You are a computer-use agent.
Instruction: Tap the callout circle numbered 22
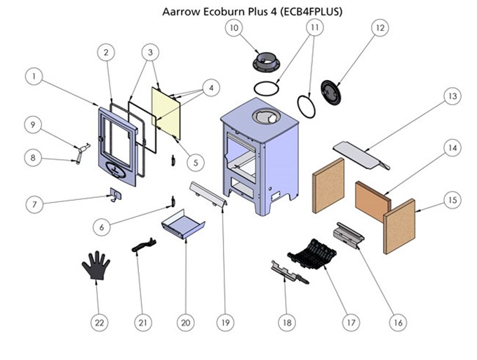[100, 322]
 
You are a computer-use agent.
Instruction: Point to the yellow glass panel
[167, 109]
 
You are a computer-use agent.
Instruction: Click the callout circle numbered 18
[286, 322]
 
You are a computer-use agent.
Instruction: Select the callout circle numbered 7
[33, 204]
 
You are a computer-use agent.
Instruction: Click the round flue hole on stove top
[267, 118]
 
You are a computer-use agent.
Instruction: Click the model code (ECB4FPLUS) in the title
[309, 12]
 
